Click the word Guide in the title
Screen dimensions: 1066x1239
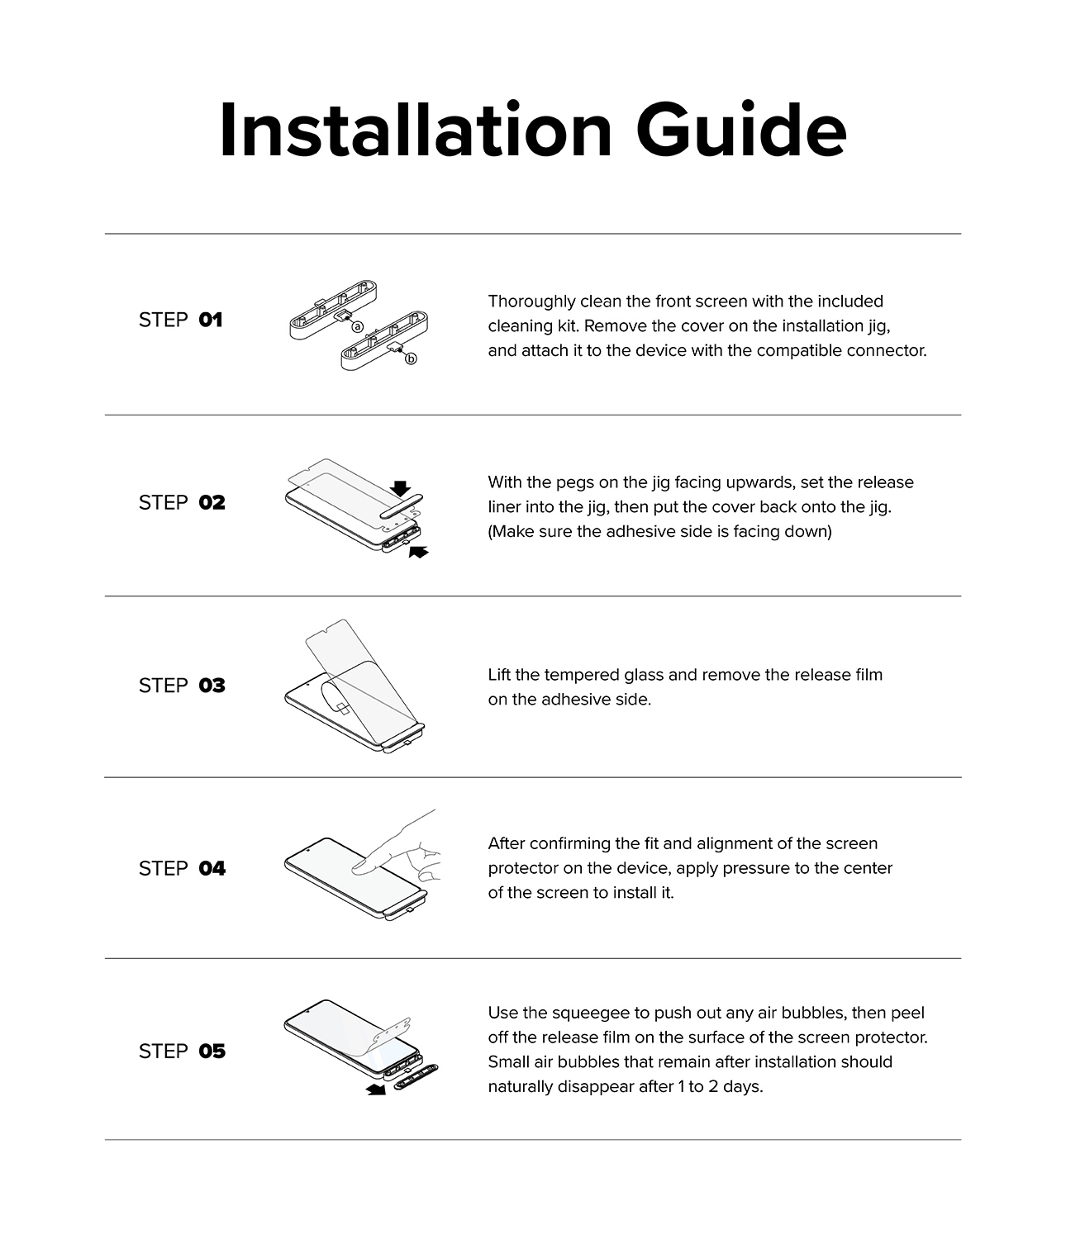point(741,131)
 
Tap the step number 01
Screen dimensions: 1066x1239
point(211,320)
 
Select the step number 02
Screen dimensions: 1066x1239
point(212,502)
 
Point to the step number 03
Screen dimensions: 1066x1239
point(212,685)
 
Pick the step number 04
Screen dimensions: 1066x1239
point(212,868)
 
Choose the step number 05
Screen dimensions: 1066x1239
point(212,1051)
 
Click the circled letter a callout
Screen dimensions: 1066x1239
point(357,327)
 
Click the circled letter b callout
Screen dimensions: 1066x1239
point(411,359)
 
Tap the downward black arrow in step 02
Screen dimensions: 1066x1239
point(400,488)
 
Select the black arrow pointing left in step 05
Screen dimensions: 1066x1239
point(376,1089)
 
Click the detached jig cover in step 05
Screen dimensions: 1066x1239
point(416,1077)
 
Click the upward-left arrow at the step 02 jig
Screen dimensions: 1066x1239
point(418,552)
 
